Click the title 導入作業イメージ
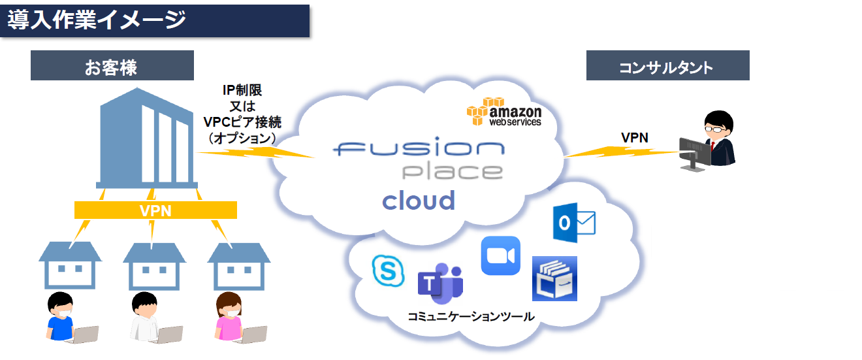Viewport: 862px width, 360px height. click(97, 20)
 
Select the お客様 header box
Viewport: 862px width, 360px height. click(112, 65)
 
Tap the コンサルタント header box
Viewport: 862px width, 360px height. click(667, 65)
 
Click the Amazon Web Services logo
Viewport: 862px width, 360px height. click(504, 112)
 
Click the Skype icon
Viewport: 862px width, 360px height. click(389, 270)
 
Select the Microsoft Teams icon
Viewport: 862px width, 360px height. click(441, 284)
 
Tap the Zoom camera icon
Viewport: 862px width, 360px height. click(501, 255)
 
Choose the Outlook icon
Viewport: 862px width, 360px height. click(574, 223)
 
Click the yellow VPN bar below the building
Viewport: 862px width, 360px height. click(155, 210)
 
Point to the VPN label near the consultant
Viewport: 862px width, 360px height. click(635, 137)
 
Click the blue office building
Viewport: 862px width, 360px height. click(147, 138)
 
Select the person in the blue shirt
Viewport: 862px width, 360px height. click(61, 316)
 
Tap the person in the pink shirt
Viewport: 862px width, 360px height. click(229, 316)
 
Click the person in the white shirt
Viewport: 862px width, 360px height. click(145, 316)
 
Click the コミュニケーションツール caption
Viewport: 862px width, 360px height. click(471, 316)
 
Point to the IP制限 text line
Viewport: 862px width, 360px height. click(242, 90)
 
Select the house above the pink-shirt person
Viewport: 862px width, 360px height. click(239, 266)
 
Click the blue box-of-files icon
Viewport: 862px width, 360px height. click(554, 278)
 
